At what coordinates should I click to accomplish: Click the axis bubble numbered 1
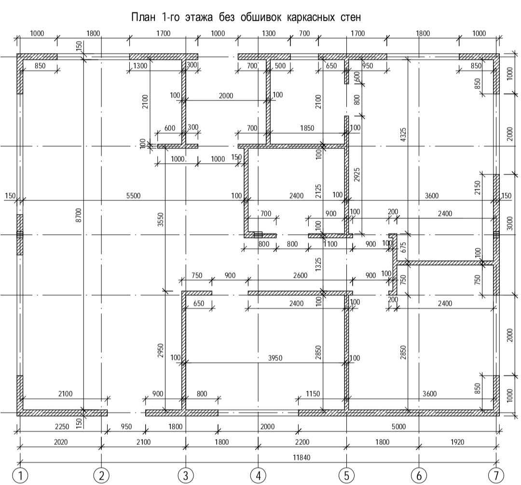coord(20,475)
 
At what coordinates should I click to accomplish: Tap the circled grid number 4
coord(259,475)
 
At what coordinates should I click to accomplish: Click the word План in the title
coord(143,18)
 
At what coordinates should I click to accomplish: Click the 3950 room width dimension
coord(275,358)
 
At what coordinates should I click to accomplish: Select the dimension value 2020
coord(60,442)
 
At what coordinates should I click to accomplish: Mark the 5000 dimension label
coord(398,426)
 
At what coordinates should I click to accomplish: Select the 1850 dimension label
coord(307,128)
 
